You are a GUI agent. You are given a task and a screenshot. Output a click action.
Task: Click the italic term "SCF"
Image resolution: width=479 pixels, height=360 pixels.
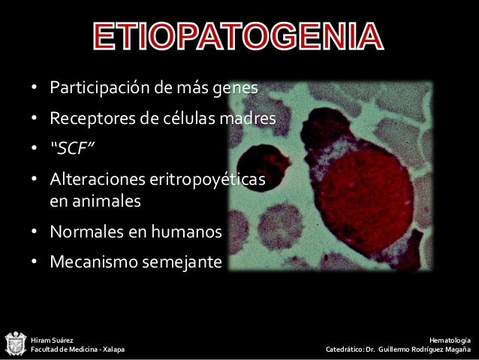click(x=71, y=147)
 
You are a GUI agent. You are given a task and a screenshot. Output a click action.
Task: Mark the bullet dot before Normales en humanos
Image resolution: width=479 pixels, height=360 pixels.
click(x=35, y=234)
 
